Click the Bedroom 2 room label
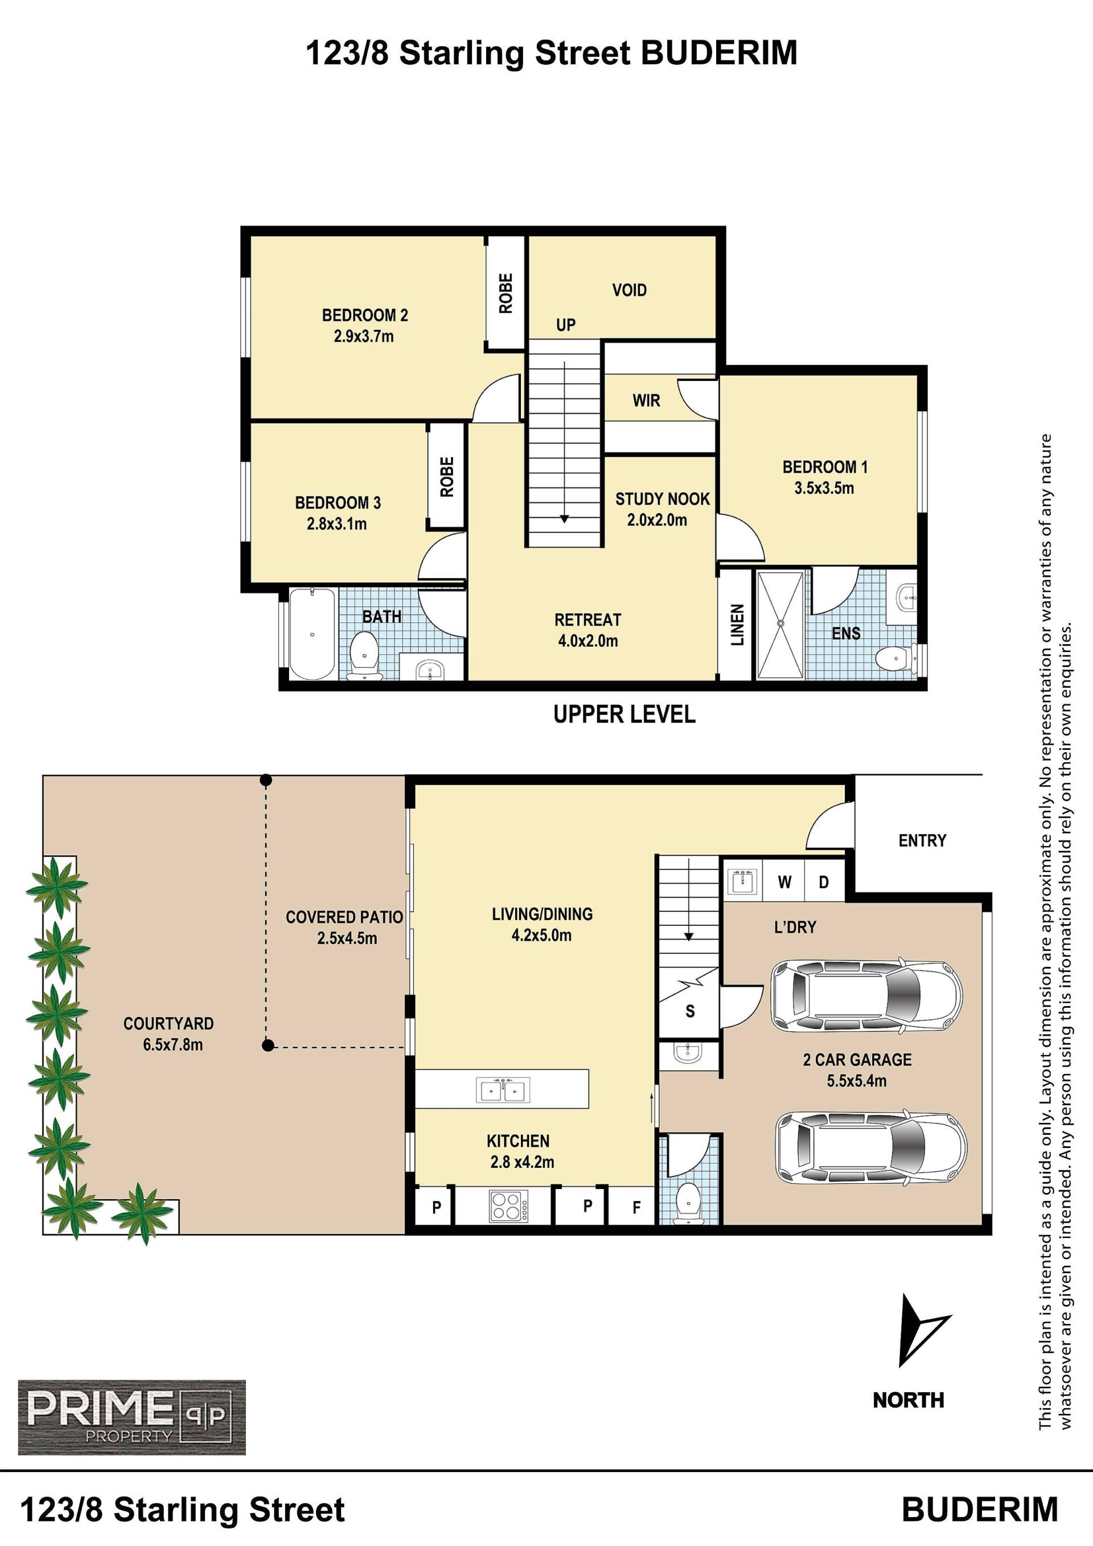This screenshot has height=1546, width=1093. coord(364,315)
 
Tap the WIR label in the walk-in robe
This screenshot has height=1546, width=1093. coord(646,401)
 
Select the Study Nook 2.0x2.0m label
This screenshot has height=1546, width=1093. coord(662,509)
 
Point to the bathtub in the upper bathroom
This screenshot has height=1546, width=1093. coord(313,634)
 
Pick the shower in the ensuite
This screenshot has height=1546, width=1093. coord(780,624)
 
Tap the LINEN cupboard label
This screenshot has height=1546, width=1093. coord(737,624)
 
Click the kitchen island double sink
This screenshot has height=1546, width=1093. coord(503,1089)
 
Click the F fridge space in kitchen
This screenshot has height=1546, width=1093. coord(636,1208)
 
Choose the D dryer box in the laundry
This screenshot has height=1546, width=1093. coord(824,882)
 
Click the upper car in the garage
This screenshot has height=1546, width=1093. coord(866,997)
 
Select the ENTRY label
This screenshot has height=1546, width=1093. coord(922,840)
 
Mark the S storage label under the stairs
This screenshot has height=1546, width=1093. coord(690,1011)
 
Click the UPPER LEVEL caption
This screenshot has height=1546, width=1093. coord(624,713)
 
